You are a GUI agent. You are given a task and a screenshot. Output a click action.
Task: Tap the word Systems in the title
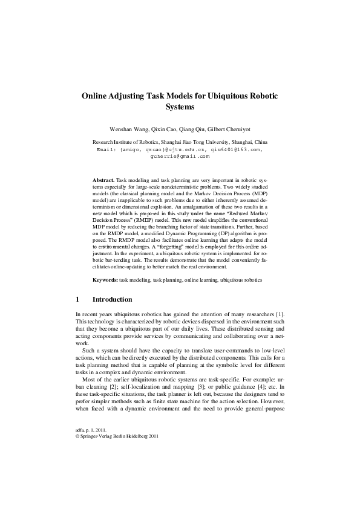point(180,109)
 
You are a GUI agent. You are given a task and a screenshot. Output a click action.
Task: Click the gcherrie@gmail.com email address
point(180,155)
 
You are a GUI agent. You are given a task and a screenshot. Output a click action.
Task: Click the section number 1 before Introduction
point(77,299)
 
